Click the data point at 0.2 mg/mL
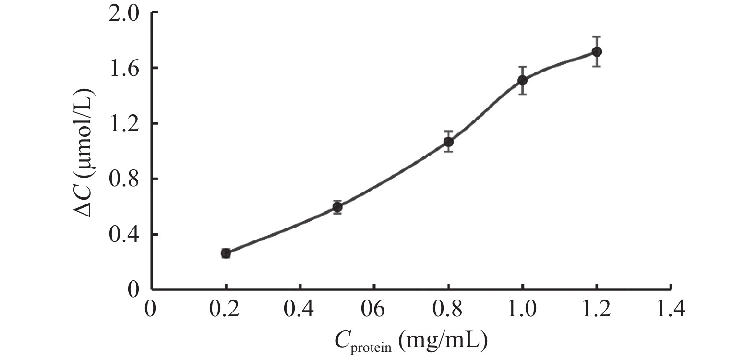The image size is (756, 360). (226, 253)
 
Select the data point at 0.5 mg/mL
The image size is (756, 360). (337, 207)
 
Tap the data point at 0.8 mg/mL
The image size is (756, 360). (448, 142)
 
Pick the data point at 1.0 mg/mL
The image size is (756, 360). (522, 80)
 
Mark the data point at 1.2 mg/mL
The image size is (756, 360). (597, 51)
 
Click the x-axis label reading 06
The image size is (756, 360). (373, 310)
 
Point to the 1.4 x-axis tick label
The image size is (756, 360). (671, 310)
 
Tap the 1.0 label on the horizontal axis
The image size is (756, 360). (522, 310)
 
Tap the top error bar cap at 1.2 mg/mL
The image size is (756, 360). (597, 36)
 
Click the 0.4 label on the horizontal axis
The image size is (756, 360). (300, 310)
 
